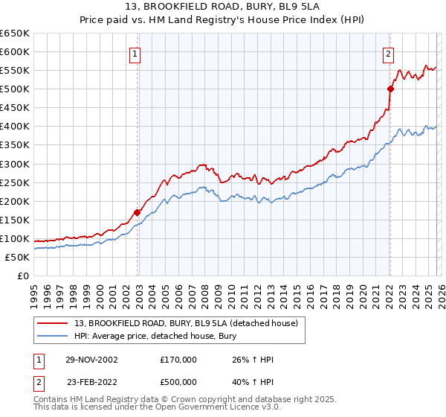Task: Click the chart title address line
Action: [x=223, y=7]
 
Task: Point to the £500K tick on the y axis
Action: [x=15, y=89]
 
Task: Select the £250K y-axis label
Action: [x=15, y=182]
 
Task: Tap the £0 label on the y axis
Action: [x=22, y=276]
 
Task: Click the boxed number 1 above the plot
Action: [x=135, y=53]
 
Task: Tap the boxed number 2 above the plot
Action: [x=388, y=53]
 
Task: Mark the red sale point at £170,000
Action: [x=138, y=212]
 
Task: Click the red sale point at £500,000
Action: [x=390, y=89]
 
